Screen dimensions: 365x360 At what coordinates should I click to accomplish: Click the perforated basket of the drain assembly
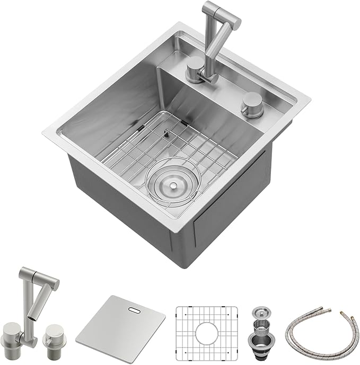(260, 321)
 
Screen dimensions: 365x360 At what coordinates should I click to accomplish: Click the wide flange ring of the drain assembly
(260, 332)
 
